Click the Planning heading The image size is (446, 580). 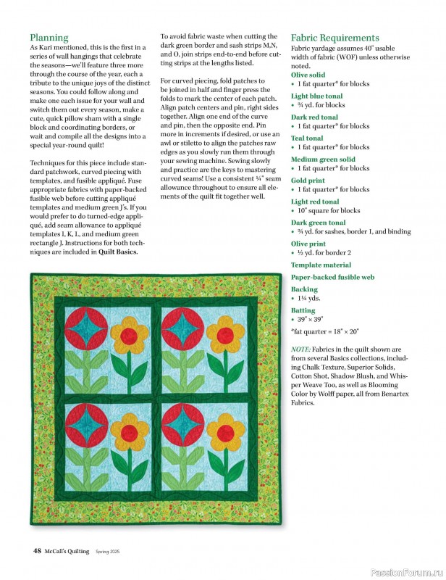pos(49,38)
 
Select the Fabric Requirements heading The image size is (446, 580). pos(334,38)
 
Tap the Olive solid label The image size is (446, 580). pos(308,75)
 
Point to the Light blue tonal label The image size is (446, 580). pos(316,96)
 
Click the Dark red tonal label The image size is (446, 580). pos(314,117)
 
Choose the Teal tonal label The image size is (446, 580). pos(307,138)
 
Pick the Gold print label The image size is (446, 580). pos(308,180)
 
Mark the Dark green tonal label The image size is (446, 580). pos(318,223)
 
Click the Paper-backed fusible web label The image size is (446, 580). pos(332,277)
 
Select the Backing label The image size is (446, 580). pos(304,289)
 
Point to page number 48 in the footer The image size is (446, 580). pos(36,551)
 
